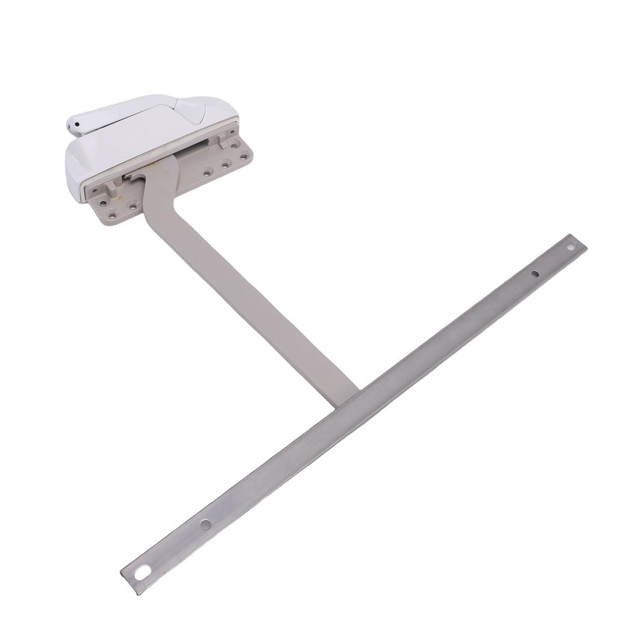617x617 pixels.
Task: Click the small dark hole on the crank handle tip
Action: pyautogui.click(x=77, y=125)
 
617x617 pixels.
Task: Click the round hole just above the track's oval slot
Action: pyautogui.click(x=205, y=524)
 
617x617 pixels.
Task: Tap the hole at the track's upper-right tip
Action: pyautogui.click(x=572, y=246)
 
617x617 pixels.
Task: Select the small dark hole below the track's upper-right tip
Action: pyautogui.click(x=535, y=274)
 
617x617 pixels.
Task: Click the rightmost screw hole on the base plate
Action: pyautogui.click(x=243, y=157)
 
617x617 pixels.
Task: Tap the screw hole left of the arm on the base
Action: pyautogui.click(x=133, y=207)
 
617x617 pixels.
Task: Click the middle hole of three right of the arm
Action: pyautogui.click(x=225, y=164)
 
